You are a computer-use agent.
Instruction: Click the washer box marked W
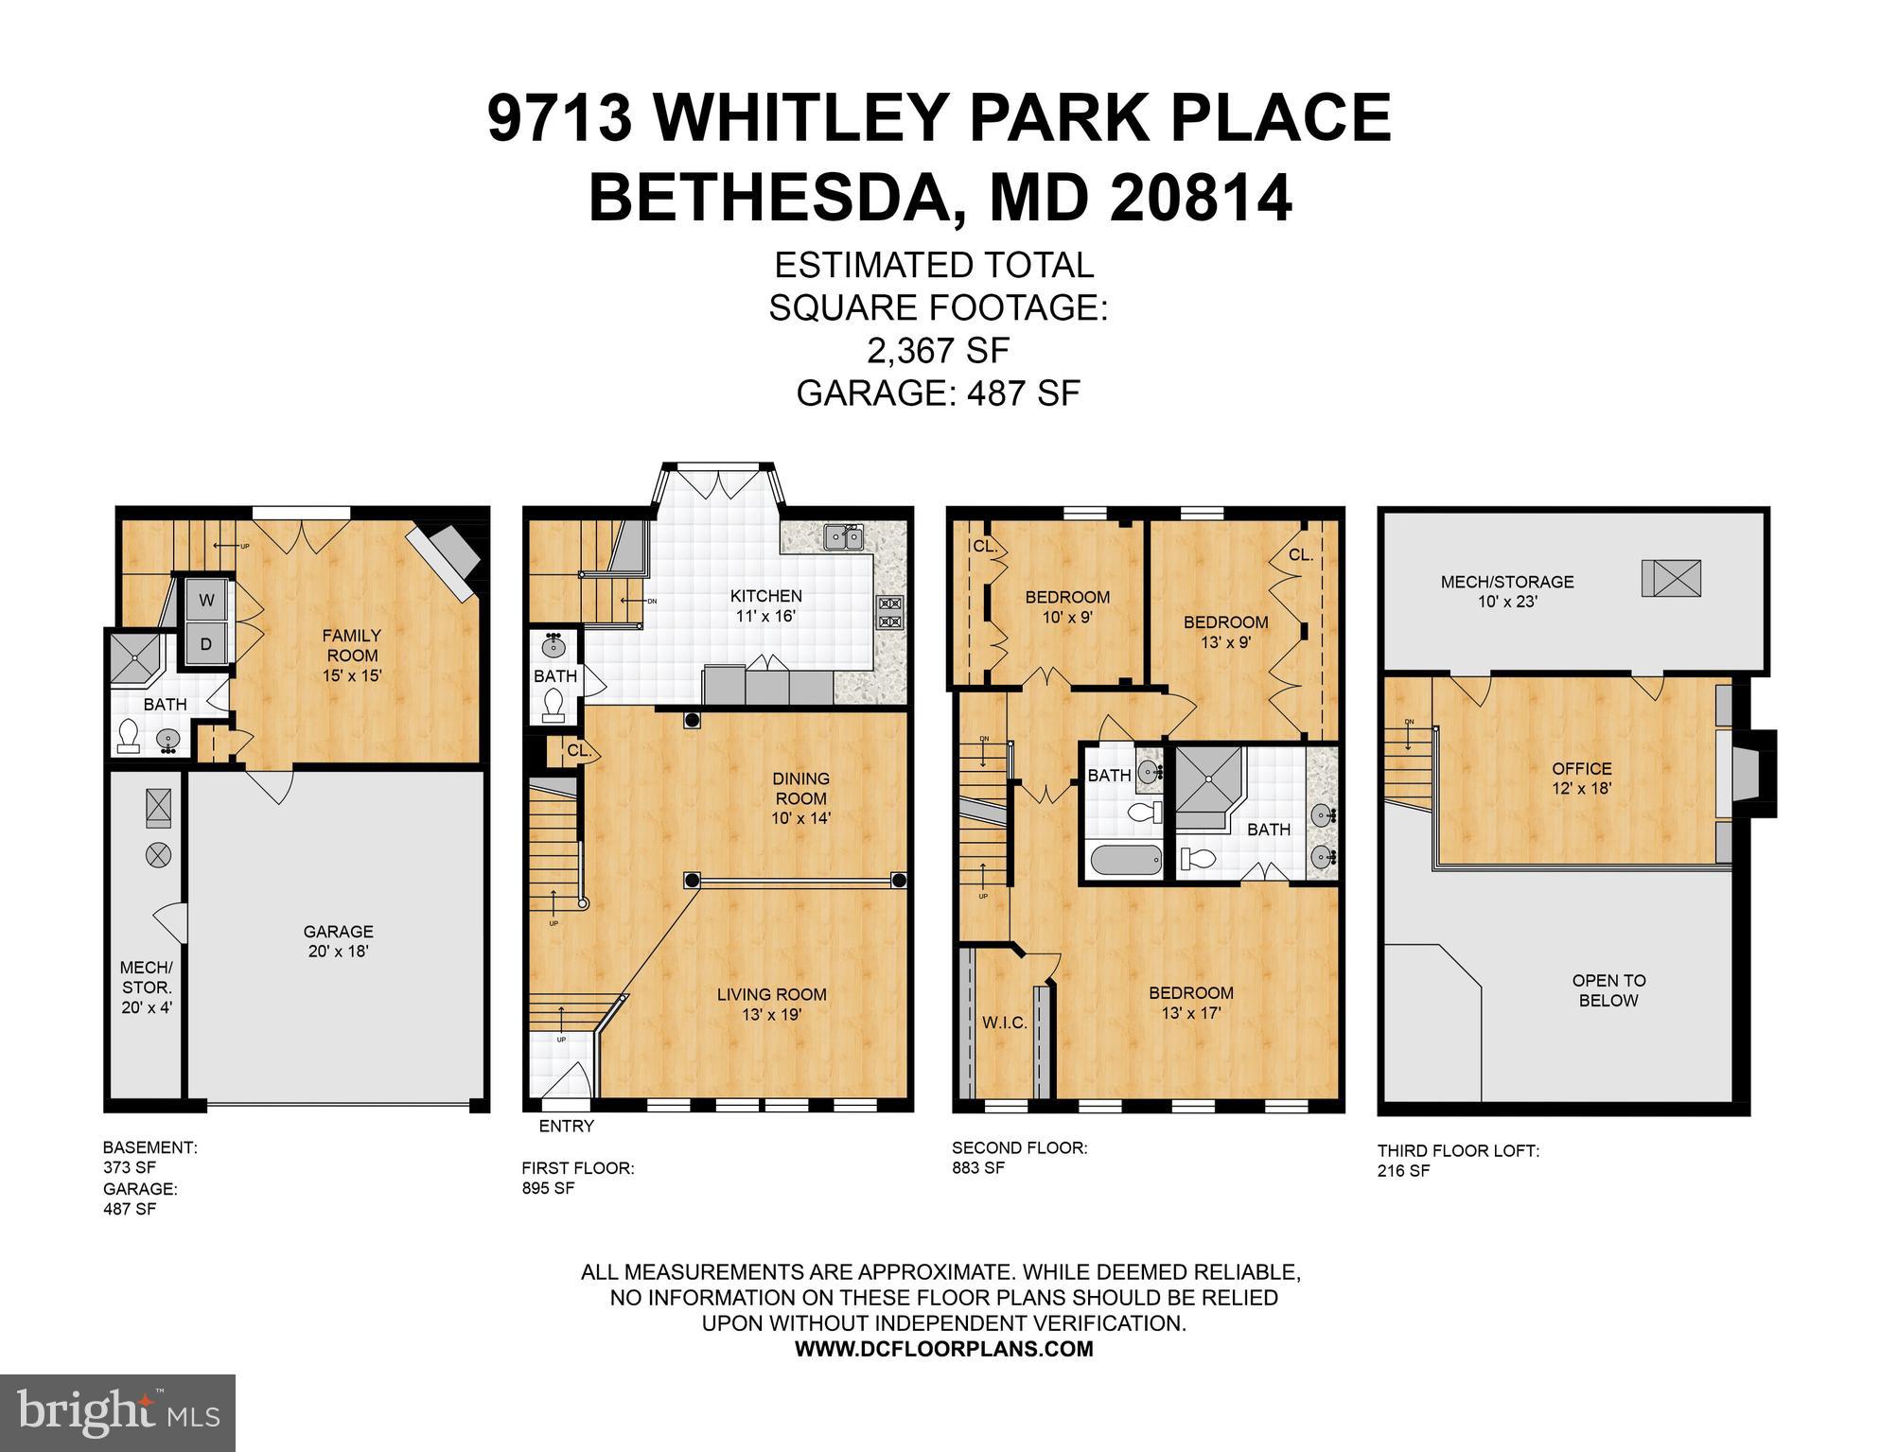(206, 600)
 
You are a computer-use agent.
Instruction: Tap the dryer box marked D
(206, 644)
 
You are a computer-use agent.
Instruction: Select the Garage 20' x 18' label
(338, 941)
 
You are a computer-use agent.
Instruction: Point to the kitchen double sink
(842, 537)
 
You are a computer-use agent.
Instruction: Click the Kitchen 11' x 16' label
(765, 605)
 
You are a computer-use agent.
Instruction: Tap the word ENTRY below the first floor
(566, 1126)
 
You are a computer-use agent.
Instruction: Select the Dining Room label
(800, 797)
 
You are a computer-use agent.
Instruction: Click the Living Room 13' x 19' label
(771, 1004)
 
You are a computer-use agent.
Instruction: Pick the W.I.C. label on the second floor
(1004, 1023)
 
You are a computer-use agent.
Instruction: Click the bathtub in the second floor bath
(1125, 861)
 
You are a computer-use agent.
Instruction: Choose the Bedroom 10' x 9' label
(1067, 607)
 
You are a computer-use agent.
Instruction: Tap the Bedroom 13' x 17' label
(1190, 1003)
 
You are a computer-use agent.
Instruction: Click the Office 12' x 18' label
(1581, 778)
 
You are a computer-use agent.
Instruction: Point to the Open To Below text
(1608, 990)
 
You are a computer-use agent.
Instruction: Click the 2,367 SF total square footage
(938, 351)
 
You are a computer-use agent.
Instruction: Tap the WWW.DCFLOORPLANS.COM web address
(943, 1349)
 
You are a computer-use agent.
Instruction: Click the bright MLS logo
(117, 1412)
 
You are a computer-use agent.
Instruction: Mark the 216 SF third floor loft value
(1404, 1170)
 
